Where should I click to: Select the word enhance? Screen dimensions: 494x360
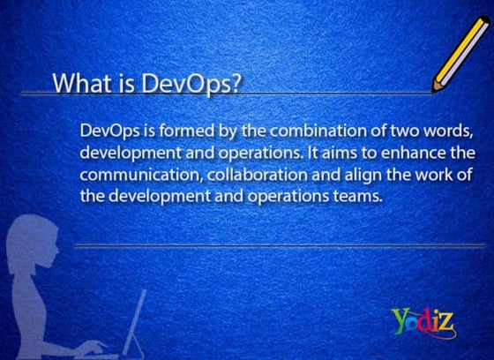tap(414, 153)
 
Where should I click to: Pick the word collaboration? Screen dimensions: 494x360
tap(257, 175)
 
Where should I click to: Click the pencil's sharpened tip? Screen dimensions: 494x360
tap(434, 91)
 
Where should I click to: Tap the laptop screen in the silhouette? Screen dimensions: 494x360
tap(135, 321)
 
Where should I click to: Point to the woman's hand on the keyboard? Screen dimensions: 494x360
tap(92, 347)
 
